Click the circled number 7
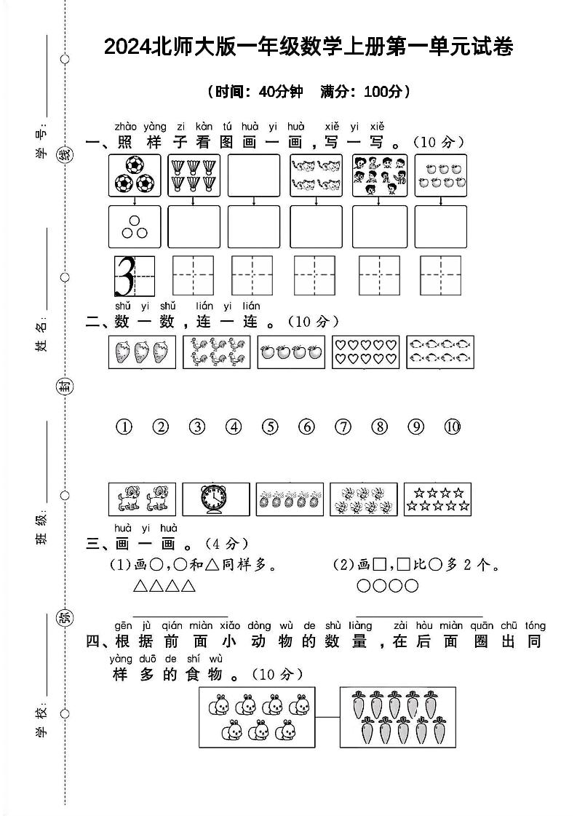pyautogui.click(x=343, y=427)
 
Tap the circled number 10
pyautogui.click(x=453, y=427)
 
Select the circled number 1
pyautogui.click(x=124, y=427)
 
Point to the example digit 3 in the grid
pyautogui.click(x=126, y=275)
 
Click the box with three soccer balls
pyautogui.click(x=135, y=175)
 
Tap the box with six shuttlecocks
pyautogui.click(x=194, y=175)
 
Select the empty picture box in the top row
pyautogui.click(x=253, y=175)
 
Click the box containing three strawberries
pyautogui.click(x=142, y=352)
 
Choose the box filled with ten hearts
pyautogui.click(x=365, y=352)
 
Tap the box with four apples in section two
pyautogui.click(x=290, y=352)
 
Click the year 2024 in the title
pyautogui.click(x=126, y=48)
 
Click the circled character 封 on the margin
pyautogui.click(x=65, y=387)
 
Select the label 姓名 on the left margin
pyautogui.click(x=41, y=333)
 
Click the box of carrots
pyautogui.click(x=398, y=716)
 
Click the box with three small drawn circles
pyautogui.click(x=135, y=228)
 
